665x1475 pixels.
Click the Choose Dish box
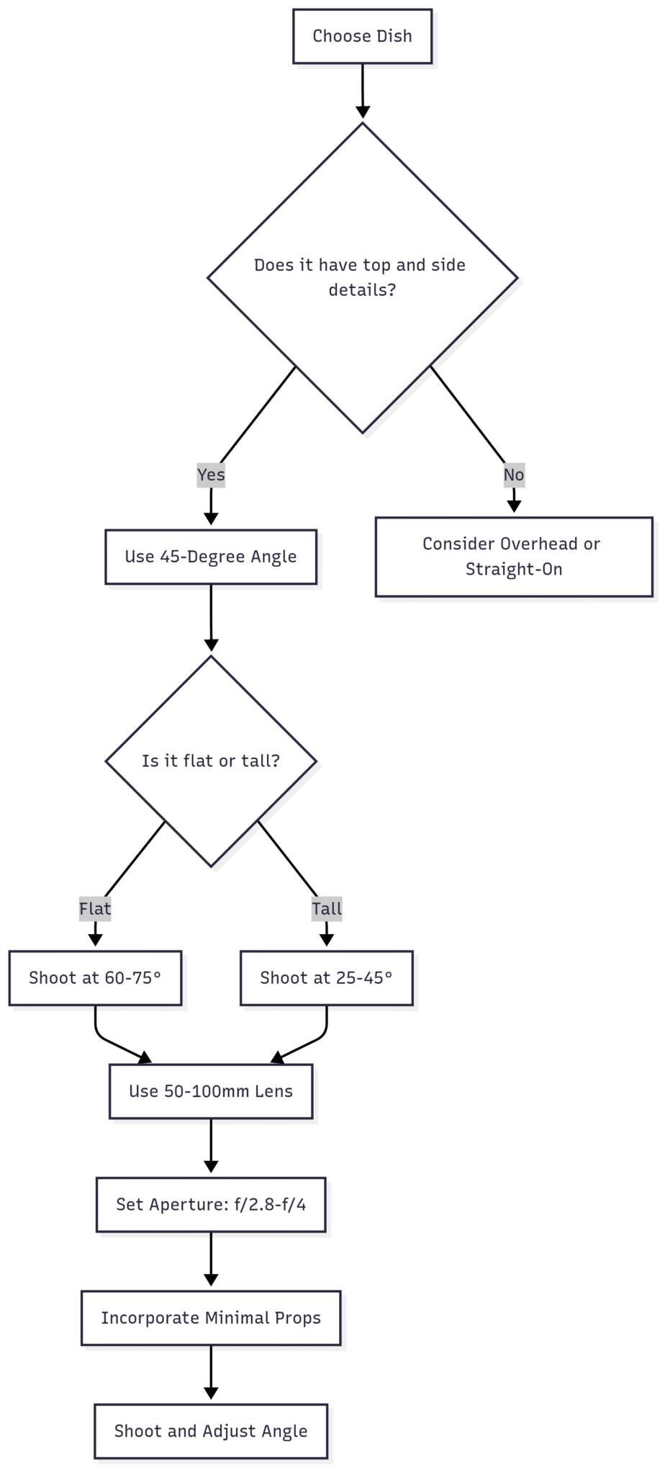coord(362,36)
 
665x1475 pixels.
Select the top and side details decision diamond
coord(362,278)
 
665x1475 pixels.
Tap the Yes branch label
coord(211,475)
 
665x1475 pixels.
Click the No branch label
coord(513,475)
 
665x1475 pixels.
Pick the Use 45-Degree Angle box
coord(211,557)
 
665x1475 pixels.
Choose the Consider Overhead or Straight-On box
coord(514,557)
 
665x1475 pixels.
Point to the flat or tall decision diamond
coord(211,761)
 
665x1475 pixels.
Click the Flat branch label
coord(95,908)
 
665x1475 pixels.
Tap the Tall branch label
coord(327,908)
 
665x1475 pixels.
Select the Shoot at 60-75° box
coord(95,978)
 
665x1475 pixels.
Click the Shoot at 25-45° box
coord(327,978)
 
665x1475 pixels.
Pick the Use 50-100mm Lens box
coord(211,1091)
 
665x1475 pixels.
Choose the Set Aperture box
coord(211,1205)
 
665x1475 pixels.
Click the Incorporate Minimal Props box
coord(211,1318)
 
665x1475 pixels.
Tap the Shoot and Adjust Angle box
coord(211,1431)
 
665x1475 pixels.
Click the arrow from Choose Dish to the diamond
coord(363,91)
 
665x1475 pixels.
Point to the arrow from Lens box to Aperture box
coord(211,1146)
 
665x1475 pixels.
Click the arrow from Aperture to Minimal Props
coord(211,1260)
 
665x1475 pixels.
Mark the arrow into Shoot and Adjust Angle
coord(211,1373)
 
